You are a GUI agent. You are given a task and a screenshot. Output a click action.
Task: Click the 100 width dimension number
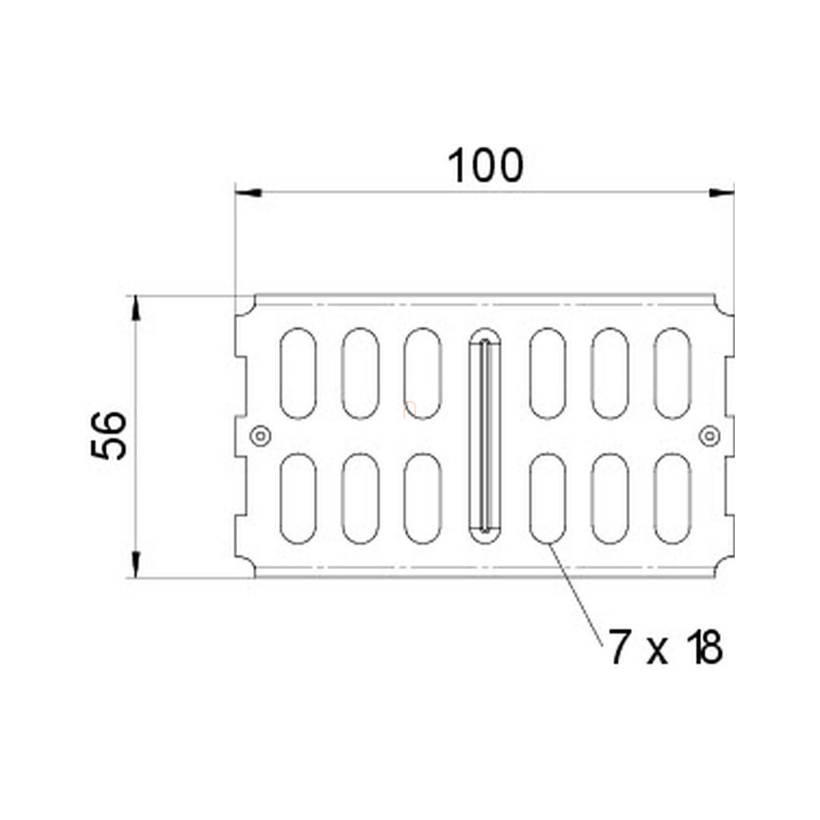(x=486, y=166)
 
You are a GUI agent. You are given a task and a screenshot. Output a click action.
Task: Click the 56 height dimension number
(x=109, y=436)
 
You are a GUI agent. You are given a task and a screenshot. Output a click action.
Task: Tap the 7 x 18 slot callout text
(x=665, y=647)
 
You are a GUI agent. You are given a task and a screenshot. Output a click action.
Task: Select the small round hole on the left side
(x=261, y=436)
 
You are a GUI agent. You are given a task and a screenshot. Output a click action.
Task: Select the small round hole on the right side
(x=709, y=436)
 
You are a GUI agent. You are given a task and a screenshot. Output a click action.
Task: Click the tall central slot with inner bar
(x=485, y=436)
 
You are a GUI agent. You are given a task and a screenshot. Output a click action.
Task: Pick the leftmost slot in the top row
(x=298, y=373)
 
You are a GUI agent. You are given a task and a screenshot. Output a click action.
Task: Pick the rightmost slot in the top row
(x=672, y=373)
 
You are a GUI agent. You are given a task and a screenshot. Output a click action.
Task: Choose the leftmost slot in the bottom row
(x=298, y=498)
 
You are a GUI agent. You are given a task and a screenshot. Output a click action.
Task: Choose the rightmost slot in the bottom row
(x=672, y=498)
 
